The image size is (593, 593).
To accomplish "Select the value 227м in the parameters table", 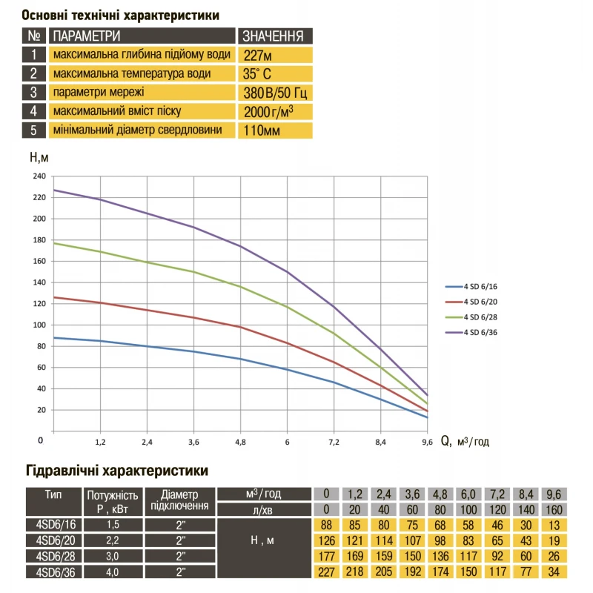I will [x=257, y=55].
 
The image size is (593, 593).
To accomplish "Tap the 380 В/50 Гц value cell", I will [x=274, y=93].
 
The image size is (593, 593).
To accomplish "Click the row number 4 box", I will [x=34, y=111].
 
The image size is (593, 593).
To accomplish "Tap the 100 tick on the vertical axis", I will [x=39, y=325].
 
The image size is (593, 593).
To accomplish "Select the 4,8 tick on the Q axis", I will [x=240, y=442].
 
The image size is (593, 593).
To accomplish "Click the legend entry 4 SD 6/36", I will [x=478, y=331].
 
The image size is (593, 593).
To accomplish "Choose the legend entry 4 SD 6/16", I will [x=478, y=286].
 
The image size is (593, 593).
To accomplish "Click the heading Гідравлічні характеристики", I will [x=116, y=470].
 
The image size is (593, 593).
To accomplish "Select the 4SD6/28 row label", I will [x=51, y=555].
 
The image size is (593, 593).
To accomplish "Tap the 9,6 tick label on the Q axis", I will [x=426, y=442].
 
